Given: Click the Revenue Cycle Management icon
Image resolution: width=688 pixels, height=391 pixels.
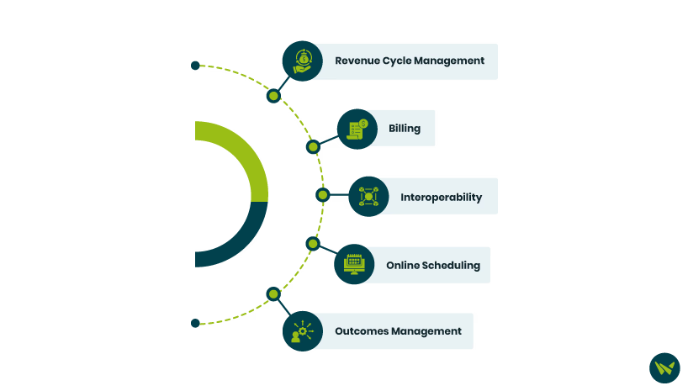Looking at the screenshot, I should coord(302,61).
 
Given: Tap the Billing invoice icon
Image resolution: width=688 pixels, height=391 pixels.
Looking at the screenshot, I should coord(357,129).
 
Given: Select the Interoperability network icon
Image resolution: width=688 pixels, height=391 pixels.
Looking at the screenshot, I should coord(368,197).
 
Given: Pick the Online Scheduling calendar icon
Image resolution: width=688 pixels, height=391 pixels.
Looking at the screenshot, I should coord(353,264).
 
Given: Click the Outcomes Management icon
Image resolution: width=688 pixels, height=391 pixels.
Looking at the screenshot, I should coord(302,331).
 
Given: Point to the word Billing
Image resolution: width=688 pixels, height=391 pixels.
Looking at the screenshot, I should coord(405,129).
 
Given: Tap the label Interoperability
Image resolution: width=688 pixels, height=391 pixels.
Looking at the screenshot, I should coord(441,198).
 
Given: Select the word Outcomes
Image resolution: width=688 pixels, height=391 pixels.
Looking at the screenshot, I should coord(362,331).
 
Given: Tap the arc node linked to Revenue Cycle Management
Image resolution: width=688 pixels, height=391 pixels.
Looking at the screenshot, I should coord(273,96).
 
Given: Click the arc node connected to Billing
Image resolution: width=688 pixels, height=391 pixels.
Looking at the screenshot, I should coord(313,147).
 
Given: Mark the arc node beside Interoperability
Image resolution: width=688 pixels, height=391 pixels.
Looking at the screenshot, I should coord(322,195).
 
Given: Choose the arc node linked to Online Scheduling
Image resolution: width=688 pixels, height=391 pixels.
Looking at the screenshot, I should coord(313,244).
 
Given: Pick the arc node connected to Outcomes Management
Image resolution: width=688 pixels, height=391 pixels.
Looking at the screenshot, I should coord(273,293).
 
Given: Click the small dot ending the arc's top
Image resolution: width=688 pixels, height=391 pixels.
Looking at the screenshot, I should coord(195,66).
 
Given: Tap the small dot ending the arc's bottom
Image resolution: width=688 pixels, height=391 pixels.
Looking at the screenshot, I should coord(195,323).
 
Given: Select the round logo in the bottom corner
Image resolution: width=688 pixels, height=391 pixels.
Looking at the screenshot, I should coord(664,368).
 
